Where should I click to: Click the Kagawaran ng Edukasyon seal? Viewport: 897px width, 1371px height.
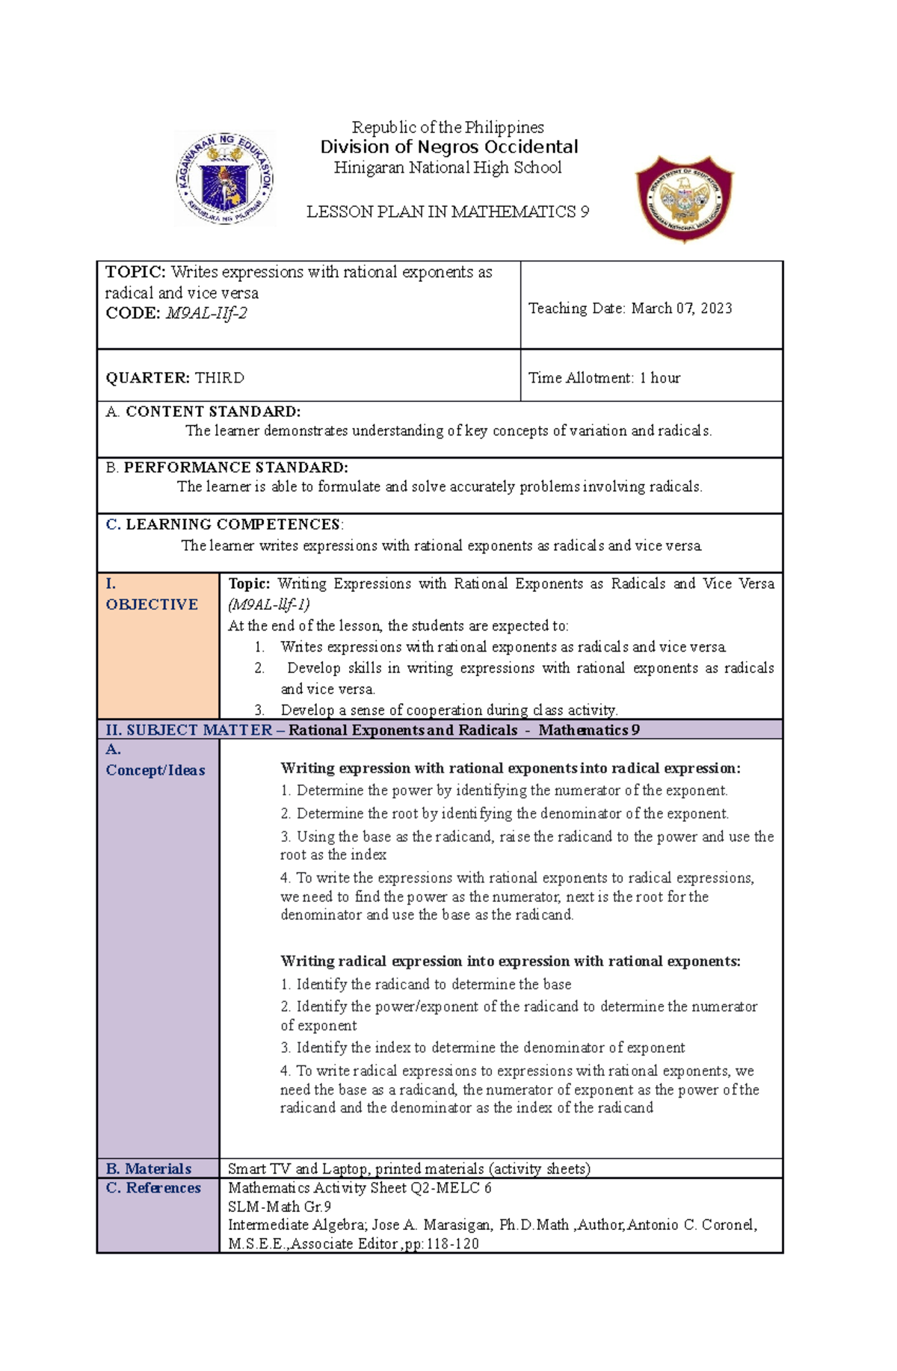click(x=225, y=179)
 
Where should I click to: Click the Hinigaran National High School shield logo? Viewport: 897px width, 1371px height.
click(x=684, y=199)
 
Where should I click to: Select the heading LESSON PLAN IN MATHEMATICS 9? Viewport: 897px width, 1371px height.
click(x=448, y=212)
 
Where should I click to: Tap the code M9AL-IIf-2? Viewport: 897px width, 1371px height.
click(x=206, y=314)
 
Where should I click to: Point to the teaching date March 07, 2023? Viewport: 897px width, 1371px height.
click(x=682, y=309)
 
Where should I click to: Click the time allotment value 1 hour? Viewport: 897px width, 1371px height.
click(x=660, y=378)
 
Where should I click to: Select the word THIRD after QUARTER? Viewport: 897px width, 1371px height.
click(x=220, y=378)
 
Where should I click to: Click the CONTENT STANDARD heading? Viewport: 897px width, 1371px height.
click(x=213, y=412)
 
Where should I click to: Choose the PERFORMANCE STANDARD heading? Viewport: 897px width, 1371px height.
click(x=235, y=468)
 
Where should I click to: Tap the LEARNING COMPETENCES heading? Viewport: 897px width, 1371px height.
click(x=233, y=524)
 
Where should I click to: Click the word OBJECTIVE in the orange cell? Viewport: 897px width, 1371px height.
click(x=152, y=604)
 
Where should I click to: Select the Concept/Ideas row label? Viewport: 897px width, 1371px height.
click(x=155, y=770)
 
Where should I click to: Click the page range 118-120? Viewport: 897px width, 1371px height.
click(x=452, y=1244)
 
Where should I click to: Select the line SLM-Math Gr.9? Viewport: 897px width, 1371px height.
click(x=280, y=1207)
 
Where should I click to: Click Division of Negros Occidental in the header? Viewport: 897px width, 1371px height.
click(x=449, y=147)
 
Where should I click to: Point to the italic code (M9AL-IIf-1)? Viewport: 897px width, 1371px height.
click(x=269, y=604)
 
